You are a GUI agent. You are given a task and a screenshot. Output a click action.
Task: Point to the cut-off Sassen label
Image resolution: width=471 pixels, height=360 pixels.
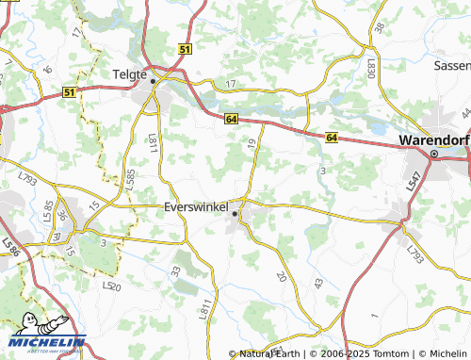451,66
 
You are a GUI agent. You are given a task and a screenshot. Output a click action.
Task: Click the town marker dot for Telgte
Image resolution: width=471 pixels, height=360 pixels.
153,82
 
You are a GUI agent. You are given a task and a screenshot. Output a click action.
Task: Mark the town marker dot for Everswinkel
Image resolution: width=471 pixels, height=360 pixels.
235,215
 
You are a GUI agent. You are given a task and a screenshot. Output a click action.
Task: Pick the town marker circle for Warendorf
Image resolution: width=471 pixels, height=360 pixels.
434,154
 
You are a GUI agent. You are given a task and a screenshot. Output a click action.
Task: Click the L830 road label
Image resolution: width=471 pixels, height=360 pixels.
371,68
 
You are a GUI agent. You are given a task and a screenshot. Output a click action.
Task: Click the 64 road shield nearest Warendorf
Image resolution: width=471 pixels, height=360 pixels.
332,138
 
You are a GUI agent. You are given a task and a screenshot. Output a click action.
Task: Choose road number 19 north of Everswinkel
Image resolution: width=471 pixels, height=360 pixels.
252,144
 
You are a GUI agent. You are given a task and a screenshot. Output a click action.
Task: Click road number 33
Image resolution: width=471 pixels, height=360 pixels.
175,270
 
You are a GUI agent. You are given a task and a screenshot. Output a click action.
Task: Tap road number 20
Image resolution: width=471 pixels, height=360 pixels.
281,276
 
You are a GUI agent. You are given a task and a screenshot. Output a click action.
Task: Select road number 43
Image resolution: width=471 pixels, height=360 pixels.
318,284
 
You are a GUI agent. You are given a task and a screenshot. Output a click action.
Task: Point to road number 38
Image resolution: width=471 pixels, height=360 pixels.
379,28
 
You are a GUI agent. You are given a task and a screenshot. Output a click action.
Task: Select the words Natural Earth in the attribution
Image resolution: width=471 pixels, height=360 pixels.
269,353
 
